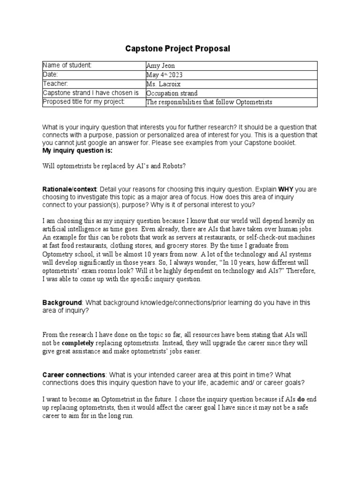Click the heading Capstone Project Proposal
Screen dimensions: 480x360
[178, 49]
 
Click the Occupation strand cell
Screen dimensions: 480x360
[172, 93]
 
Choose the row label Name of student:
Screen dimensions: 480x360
[67, 66]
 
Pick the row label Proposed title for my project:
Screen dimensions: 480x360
[84, 102]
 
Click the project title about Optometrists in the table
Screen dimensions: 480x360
[209, 102]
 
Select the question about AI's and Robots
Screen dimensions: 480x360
[114, 166]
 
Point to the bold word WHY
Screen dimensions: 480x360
[286, 189]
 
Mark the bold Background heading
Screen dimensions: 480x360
[62, 303]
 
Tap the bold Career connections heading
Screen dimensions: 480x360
[74, 375]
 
